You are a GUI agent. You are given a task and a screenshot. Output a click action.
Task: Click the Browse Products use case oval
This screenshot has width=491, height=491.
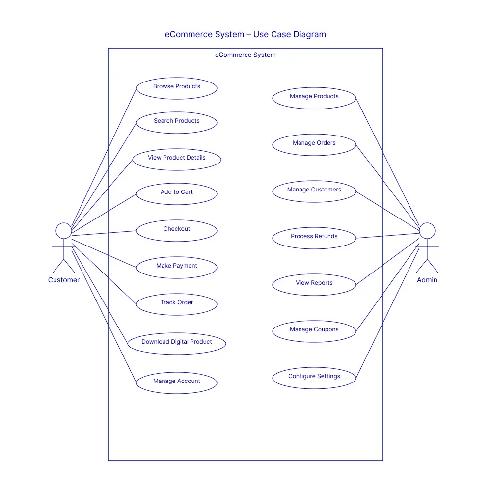click(177, 88)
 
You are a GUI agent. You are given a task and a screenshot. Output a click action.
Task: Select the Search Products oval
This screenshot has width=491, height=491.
click(177, 123)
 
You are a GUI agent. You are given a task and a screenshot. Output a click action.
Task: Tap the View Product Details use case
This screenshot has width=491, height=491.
click(177, 160)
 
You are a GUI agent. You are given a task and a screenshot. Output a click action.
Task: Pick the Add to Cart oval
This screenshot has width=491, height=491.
click(177, 194)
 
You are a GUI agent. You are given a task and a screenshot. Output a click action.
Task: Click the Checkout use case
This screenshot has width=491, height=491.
click(177, 231)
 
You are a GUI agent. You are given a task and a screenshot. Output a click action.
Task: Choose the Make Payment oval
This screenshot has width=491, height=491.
click(177, 268)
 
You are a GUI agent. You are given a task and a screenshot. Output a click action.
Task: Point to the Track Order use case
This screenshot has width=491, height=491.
click(177, 304)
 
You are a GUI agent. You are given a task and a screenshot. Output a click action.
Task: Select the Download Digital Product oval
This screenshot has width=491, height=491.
click(177, 344)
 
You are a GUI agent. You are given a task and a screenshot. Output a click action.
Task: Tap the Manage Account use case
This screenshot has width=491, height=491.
click(177, 383)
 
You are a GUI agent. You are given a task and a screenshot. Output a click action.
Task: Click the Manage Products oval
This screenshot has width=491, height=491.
click(314, 98)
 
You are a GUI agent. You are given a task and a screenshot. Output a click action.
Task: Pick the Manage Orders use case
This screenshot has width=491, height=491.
click(314, 145)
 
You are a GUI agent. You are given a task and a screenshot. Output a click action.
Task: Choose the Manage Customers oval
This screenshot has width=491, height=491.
click(314, 191)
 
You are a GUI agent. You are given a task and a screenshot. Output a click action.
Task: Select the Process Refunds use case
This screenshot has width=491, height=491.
click(314, 238)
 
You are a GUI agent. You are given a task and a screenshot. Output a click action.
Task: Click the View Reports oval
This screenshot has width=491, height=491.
click(314, 285)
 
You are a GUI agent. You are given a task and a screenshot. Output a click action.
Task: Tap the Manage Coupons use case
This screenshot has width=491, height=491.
click(314, 331)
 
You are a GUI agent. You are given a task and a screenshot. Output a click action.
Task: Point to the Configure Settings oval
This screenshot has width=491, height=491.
click(314, 378)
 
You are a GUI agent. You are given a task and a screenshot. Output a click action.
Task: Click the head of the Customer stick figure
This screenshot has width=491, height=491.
click(64, 231)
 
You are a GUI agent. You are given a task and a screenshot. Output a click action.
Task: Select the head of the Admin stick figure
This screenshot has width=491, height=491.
click(427, 231)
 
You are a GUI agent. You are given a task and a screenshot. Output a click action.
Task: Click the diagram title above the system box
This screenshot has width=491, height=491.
click(245, 34)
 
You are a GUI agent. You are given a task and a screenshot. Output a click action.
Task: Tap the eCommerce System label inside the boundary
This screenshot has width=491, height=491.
click(245, 55)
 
